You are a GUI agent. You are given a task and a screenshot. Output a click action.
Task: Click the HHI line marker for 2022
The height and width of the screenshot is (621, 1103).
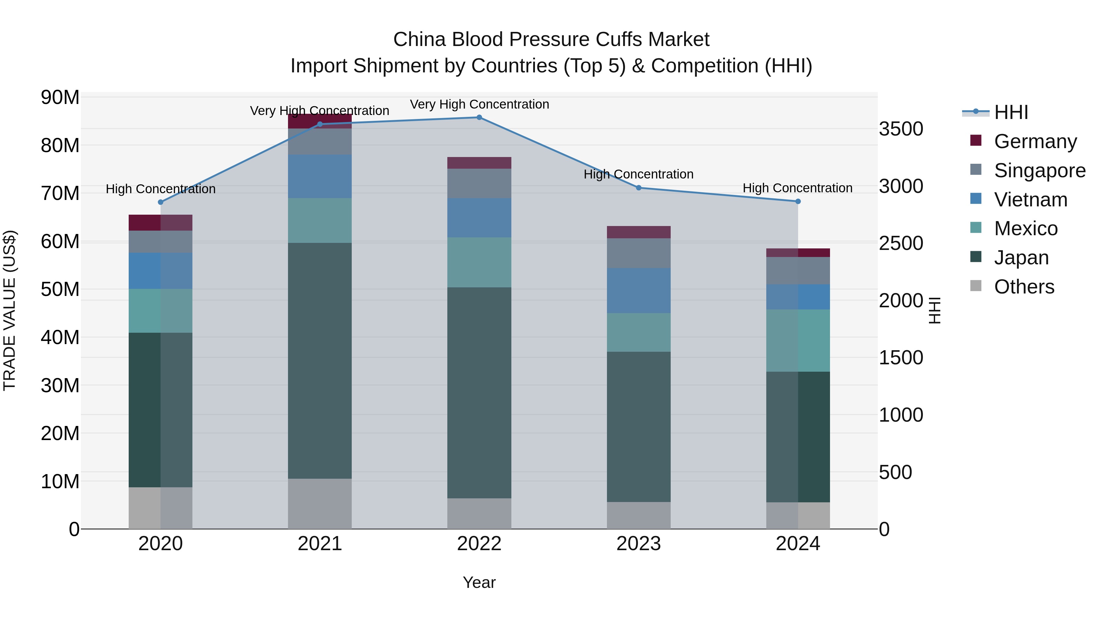click(479, 117)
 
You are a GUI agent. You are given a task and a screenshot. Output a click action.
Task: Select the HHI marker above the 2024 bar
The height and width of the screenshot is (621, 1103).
click(798, 201)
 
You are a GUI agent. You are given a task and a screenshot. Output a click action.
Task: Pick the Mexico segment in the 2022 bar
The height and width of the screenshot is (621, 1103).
click(479, 262)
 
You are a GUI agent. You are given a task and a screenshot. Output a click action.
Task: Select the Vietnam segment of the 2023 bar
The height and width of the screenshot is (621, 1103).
click(639, 291)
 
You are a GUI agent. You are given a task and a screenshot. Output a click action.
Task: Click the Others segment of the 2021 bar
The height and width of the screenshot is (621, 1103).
click(320, 504)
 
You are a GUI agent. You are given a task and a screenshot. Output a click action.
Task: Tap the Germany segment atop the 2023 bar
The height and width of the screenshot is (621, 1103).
click(639, 232)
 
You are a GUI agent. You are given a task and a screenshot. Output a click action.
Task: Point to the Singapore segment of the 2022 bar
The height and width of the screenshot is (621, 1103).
click(479, 183)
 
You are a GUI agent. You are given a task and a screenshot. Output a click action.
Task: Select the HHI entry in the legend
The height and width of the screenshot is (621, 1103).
click(1010, 112)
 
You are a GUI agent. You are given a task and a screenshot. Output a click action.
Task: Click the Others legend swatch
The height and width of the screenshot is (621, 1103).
click(976, 286)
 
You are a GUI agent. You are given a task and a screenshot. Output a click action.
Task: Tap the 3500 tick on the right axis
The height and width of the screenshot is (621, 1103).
click(901, 129)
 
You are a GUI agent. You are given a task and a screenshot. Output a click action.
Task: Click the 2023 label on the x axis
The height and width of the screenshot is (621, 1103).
click(639, 544)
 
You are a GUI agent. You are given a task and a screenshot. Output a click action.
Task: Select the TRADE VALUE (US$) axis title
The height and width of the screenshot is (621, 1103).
click(9, 310)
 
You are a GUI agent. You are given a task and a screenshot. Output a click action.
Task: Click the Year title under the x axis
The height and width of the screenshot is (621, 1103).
click(479, 582)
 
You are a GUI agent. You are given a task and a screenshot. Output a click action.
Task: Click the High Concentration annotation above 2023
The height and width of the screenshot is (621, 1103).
click(639, 174)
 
